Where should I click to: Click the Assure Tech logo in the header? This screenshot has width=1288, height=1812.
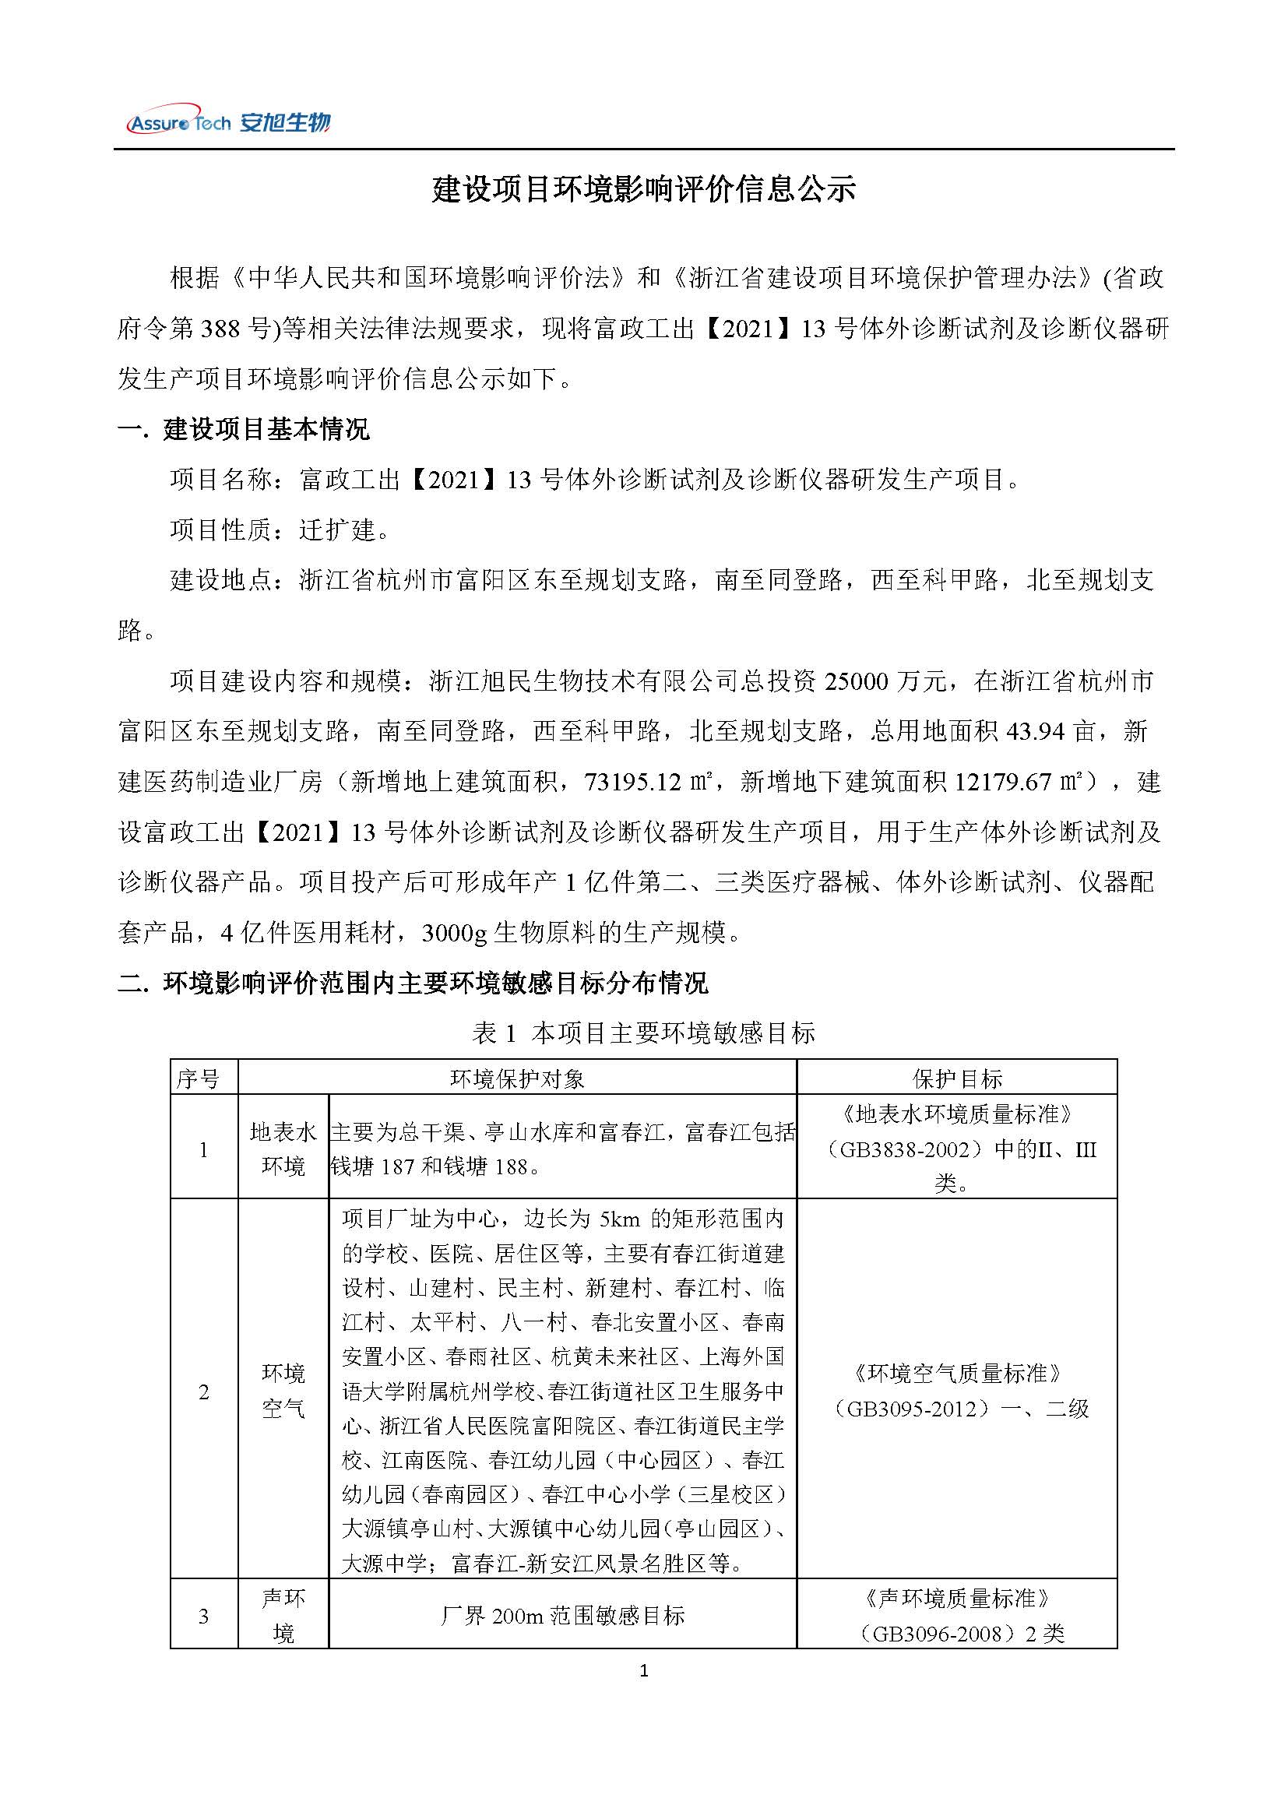click(x=227, y=122)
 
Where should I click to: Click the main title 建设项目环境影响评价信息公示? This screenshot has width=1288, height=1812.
click(x=643, y=190)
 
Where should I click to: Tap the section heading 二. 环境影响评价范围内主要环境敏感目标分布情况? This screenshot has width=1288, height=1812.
click(x=413, y=983)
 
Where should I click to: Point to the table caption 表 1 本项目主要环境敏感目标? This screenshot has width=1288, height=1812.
click(x=643, y=1033)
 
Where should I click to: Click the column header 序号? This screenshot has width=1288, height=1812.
click(x=199, y=1078)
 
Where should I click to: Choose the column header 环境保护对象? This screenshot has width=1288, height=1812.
click(x=517, y=1078)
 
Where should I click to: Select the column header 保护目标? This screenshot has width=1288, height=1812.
click(x=957, y=1078)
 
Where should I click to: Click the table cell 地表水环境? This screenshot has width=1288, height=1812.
click(x=283, y=1149)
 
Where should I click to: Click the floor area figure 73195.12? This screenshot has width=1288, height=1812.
click(x=632, y=782)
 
